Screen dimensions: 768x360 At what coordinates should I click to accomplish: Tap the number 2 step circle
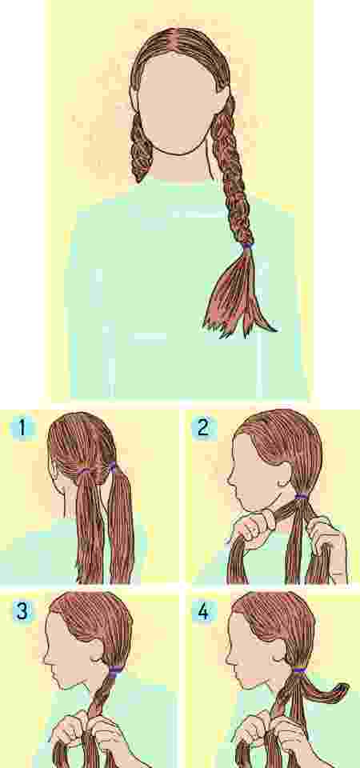[203, 428]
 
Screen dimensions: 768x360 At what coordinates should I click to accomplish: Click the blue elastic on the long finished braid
[247, 247]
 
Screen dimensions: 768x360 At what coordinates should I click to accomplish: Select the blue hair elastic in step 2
[301, 498]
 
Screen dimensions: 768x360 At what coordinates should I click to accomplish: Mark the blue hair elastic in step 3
[116, 670]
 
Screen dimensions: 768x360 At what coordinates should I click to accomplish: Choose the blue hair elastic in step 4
[299, 670]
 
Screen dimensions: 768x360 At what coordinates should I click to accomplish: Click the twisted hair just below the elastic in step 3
[107, 696]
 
